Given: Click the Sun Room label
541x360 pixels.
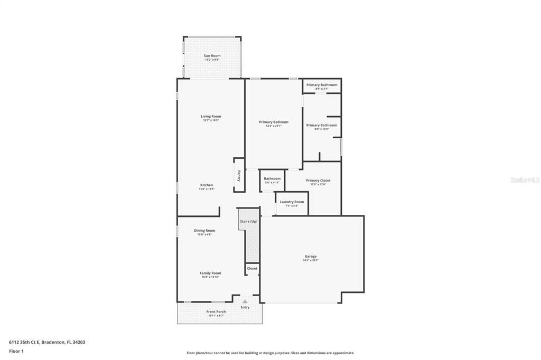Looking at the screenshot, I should click(x=212, y=56).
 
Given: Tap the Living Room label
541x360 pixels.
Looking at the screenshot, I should click(x=211, y=117).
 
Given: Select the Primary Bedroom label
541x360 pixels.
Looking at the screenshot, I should click(x=274, y=122).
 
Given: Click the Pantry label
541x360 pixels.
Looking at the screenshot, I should click(x=239, y=175).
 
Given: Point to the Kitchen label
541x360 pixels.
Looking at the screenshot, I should click(x=207, y=185).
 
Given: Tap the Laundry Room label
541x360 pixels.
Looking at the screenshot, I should click(x=292, y=202).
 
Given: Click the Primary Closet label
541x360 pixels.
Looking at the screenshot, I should click(x=318, y=181).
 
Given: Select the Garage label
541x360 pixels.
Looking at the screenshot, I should click(x=311, y=257).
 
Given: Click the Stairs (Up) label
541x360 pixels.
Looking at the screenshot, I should click(x=248, y=221).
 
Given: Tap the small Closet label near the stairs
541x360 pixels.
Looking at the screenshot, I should click(x=253, y=268).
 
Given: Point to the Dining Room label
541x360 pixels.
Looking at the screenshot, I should click(x=204, y=230).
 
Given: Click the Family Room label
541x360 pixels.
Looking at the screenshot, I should click(x=210, y=273).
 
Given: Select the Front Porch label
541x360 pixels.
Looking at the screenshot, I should click(x=216, y=311).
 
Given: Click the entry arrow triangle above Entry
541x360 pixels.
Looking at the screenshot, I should click(x=245, y=301).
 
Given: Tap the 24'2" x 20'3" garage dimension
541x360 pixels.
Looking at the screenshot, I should click(x=311, y=260).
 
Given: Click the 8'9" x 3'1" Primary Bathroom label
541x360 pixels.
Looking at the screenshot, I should click(x=322, y=85).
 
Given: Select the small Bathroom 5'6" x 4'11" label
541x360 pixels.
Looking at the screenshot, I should click(x=273, y=179).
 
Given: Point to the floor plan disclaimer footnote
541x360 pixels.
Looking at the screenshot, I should click(x=270, y=353).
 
